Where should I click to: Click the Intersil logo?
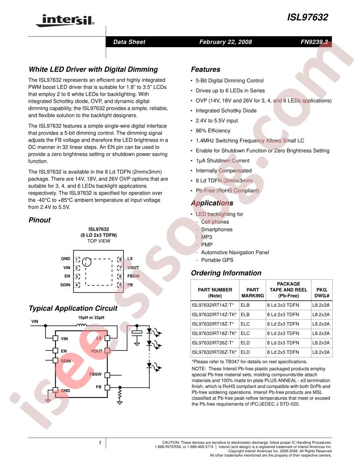point(65,20)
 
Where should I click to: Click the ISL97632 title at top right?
point(307,17)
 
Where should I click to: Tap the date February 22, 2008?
point(225,42)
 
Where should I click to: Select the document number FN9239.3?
point(314,42)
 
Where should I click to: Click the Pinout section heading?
point(40,220)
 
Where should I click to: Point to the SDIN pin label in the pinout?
point(65,285)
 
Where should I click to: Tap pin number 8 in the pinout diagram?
point(120,259)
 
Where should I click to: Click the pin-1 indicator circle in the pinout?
point(87,262)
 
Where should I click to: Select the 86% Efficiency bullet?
point(213,131)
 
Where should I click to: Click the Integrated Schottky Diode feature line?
point(226,111)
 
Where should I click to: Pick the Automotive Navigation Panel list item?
point(235,252)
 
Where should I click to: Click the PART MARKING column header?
point(252,293)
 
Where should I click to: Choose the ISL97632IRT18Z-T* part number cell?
point(213,324)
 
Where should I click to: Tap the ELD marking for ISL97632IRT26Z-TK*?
point(245,352)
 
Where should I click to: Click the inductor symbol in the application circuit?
point(82,325)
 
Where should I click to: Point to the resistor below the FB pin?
point(120,395)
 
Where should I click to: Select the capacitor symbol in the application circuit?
point(137,333)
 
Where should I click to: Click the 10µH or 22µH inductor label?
point(91,317)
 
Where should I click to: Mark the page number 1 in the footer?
point(100,443)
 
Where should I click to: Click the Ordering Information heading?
point(226,273)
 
